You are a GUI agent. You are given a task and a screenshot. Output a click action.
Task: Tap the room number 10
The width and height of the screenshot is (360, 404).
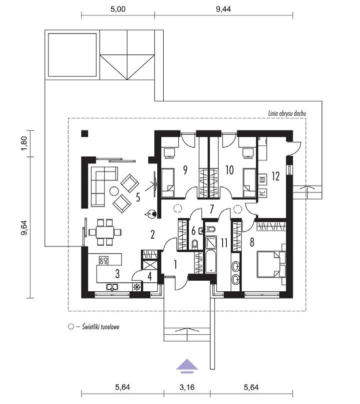pyautogui.click(x=230, y=170)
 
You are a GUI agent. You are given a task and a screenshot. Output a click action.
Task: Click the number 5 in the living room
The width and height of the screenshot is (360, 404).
pyautogui.click(x=138, y=195)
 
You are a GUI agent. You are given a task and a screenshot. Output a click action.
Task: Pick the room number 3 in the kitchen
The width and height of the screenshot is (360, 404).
pyautogui.click(x=117, y=274)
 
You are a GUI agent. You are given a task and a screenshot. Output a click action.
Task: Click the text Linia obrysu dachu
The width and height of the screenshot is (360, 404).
pyautogui.click(x=287, y=114)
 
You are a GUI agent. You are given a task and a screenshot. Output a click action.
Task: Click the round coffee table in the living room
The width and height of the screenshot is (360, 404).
pyautogui.click(x=114, y=191)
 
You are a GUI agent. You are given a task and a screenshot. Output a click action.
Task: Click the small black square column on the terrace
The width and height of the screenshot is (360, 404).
pyautogui.click(x=85, y=133)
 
